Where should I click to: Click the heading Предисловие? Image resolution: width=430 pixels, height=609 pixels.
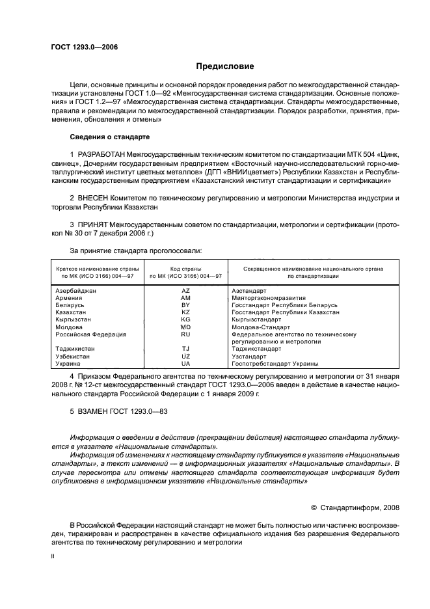226,66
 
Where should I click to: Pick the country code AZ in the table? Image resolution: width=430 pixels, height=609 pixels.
185,291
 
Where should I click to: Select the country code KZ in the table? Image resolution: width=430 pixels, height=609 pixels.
185,312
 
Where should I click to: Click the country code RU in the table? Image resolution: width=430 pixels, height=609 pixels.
185,334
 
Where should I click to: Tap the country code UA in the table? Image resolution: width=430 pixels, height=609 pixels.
185,364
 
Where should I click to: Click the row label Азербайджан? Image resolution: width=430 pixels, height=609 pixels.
76,291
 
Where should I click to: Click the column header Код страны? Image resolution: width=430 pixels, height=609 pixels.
185,268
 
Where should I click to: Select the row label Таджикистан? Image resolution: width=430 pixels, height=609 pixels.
75,349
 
